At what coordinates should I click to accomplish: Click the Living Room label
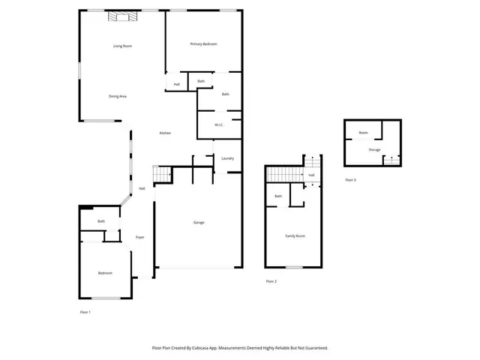point(122,46)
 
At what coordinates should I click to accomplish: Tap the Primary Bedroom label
point(203,44)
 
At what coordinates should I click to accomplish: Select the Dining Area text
point(117,96)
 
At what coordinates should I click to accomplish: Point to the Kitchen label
point(165,133)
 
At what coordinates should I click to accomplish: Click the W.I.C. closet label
point(220,124)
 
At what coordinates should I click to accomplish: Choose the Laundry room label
point(228,158)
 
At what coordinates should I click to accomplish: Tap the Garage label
point(199,222)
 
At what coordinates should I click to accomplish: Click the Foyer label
point(139,237)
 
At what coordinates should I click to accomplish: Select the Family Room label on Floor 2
point(295,235)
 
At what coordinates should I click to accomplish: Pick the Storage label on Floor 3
point(373,149)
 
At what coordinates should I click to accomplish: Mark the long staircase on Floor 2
point(286,175)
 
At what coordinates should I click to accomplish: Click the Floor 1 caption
point(85,311)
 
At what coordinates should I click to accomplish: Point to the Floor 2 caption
point(271,280)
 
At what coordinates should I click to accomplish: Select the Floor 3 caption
point(350,180)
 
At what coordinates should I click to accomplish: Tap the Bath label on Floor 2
point(278,196)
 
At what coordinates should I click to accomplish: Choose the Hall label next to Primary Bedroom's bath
point(177,84)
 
